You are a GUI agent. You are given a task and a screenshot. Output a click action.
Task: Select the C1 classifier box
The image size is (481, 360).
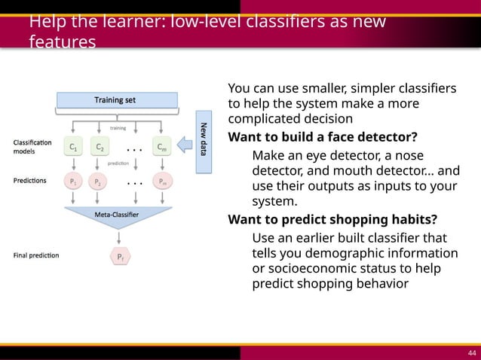pyautogui.click(x=73, y=148)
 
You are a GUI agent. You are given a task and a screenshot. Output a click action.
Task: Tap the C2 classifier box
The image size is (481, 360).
pyautogui.click(x=100, y=148)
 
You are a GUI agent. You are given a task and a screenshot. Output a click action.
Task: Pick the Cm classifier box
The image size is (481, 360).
pyautogui.click(x=162, y=148)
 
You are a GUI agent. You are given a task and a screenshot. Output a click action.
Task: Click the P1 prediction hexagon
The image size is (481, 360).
pyautogui.click(x=73, y=182)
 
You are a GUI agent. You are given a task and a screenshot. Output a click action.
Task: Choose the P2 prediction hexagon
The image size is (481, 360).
pyautogui.click(x=97, y=182)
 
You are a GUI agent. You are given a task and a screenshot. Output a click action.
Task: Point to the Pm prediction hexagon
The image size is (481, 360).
pyautogui.click(x=162, y=182)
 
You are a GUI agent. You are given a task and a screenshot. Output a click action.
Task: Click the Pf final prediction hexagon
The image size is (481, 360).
pyautogui.click(x=120, y=257)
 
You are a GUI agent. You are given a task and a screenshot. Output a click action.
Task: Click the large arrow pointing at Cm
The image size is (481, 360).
pyautogui.click(x=184, y=148)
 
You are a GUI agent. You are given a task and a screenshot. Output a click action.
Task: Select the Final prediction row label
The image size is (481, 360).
pyautogui.click(x=35, y=256)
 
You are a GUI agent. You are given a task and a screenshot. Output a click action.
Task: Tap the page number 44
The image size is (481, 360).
pyautogui.click(x=470, y=351)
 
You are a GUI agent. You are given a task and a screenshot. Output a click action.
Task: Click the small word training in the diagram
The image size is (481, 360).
pyautogui.click(x=118, y=128)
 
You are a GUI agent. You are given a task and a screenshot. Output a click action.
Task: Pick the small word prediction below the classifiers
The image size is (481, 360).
pyautogui.click(x=118, y=162)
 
